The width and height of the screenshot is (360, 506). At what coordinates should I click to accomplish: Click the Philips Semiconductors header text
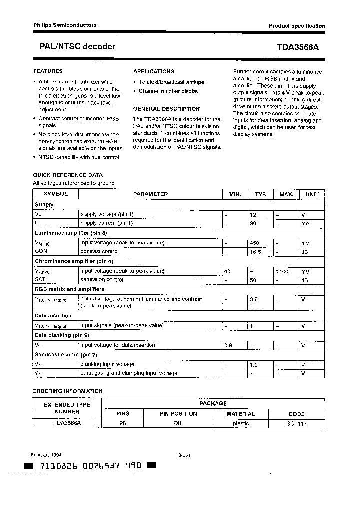click(x=65, y=25)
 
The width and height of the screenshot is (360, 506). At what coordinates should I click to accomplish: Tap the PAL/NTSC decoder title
click(x=77, y=47)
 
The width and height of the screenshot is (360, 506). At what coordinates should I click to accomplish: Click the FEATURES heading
click(x=48, y=71)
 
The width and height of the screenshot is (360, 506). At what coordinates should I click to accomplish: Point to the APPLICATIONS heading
click(x=153, y=71)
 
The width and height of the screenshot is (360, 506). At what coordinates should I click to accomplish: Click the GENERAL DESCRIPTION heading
click(x=166, y=109)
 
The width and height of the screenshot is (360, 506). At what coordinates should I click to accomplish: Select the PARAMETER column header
click(x=150, y=194)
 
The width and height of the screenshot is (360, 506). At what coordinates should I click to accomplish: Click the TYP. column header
click(x=261, y=194)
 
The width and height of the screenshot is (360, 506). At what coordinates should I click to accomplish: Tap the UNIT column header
click(x=312, y=194)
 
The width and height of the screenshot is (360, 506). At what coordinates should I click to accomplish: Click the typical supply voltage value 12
click(x=253, y=214)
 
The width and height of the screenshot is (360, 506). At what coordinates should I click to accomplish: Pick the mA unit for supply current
click(x=305, y=223)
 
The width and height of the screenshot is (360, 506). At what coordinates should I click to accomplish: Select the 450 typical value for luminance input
click(x=255, y=243)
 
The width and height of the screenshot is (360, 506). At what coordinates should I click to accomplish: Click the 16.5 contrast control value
click(x=256, y=252)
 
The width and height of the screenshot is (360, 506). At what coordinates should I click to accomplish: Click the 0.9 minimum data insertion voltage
click(x=229, y=345)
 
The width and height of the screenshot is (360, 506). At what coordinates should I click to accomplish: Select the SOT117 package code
click(x=296, y=424)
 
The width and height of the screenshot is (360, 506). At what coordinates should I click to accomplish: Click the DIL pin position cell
click(x=178, y=424)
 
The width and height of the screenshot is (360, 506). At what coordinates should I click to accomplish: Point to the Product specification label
click(x=297, y=26)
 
